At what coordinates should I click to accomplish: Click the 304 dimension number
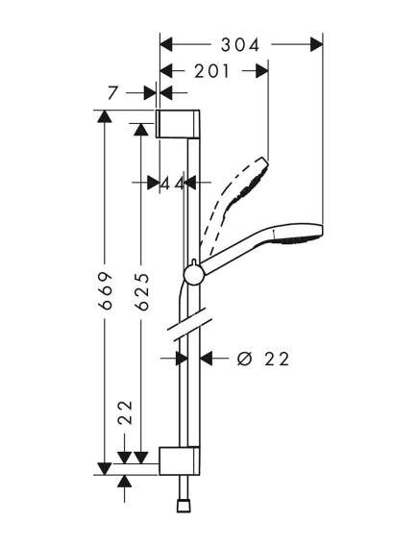click(240, 45)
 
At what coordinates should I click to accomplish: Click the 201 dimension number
click(212, 71)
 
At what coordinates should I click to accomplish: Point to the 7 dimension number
click(112, 93)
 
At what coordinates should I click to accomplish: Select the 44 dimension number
click(173, 183)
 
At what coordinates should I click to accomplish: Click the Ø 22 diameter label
click(263, 359)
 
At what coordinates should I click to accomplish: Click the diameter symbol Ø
click(244, 359)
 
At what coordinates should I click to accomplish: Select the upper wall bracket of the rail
click(178, 124)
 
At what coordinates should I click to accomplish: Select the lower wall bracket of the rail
click(180, 460)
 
